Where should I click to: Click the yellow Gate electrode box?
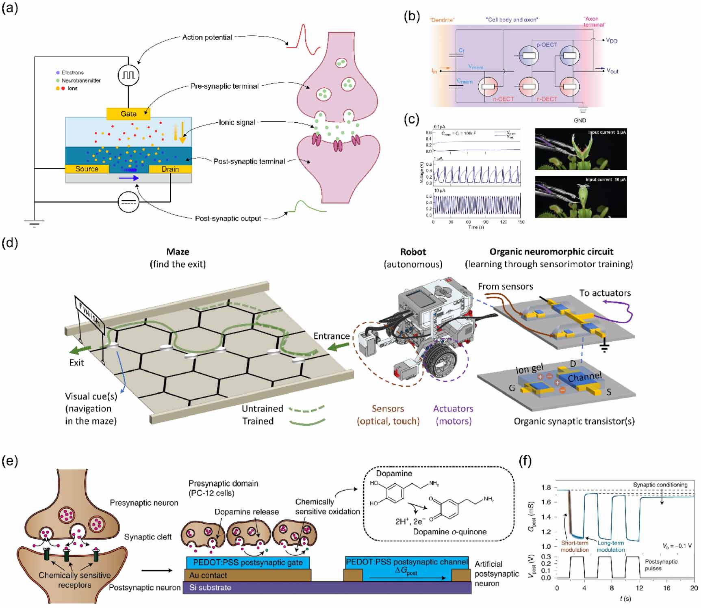128,114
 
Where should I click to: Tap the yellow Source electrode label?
87,169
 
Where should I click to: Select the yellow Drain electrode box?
170,169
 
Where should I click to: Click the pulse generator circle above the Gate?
128,75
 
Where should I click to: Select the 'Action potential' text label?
207,37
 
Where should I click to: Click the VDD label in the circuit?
611,41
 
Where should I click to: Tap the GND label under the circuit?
580,120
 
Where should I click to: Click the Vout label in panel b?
612,71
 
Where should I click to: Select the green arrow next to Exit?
80,350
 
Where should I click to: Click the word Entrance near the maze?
331,336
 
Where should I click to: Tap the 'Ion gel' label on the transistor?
529,369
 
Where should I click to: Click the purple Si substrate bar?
327,588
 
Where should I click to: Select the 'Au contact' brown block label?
208,575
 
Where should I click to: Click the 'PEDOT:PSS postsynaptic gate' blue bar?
247,563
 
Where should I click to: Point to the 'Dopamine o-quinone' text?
449,532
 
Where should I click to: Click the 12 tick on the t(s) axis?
640,588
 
